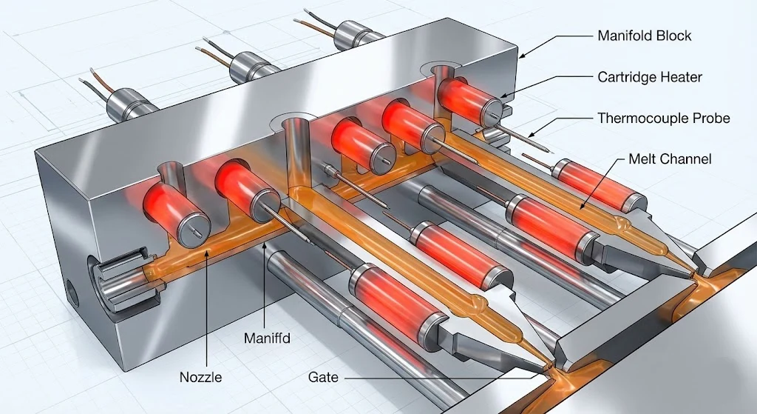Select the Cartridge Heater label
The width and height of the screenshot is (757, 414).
pyautogui.click(x=649, y=76)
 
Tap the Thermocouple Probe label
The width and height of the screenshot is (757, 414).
pyautogui.click(x=663, y=118)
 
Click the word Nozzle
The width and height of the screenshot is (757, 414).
pyautogui.click(x=200, y=377)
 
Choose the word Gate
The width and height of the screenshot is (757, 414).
pyautogui.click(x=323, y=377)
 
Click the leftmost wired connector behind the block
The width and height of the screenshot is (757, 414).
pyautogui.click(x=125, y=104)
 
